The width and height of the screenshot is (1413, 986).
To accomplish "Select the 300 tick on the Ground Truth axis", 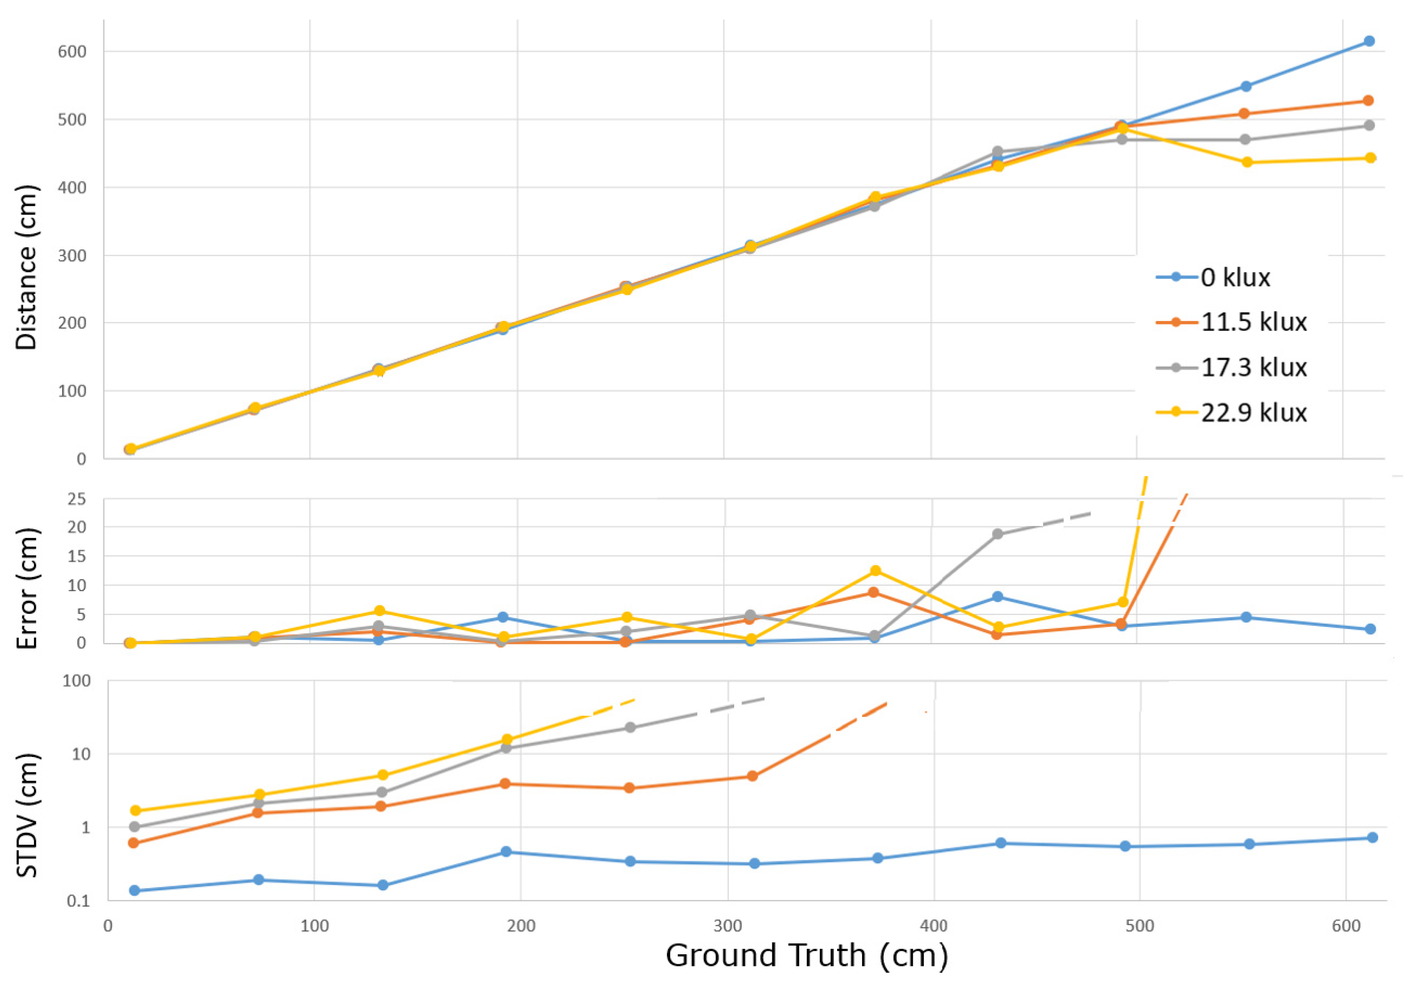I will point(727,926).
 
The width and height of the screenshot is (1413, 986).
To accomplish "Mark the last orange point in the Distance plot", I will point(1368,100).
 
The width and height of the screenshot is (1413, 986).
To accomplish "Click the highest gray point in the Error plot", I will point(998,534).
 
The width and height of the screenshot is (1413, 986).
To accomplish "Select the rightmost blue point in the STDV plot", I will point(1372,838).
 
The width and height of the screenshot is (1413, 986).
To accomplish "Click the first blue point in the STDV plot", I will point(134,891).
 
